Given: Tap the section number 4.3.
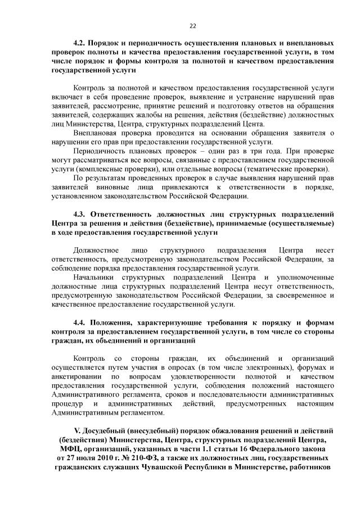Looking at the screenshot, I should (82, 214).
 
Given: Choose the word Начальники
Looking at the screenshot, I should (93, 277).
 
